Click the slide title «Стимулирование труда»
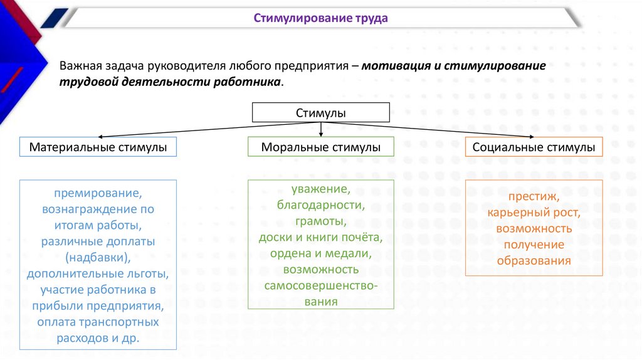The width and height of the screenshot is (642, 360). tap(320, 18)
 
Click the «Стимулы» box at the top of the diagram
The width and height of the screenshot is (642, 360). tap(320, 112)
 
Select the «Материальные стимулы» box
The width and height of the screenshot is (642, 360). tap(98, 147)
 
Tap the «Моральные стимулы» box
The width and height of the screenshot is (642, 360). tap(320, 147)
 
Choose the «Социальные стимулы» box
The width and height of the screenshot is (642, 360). tap(534, 147)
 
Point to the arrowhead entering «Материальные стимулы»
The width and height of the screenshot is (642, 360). tap(100, 135)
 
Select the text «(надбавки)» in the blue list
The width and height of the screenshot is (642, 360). tap(97, 257)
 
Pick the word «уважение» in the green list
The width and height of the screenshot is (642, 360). tap(320, 189)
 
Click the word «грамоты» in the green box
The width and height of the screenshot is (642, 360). tap(320, 221)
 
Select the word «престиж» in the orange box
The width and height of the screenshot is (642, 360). tap(532, 196)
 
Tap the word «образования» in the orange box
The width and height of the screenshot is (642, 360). tap(534, 261)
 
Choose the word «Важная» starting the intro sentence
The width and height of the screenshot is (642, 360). tap(78, 66)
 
